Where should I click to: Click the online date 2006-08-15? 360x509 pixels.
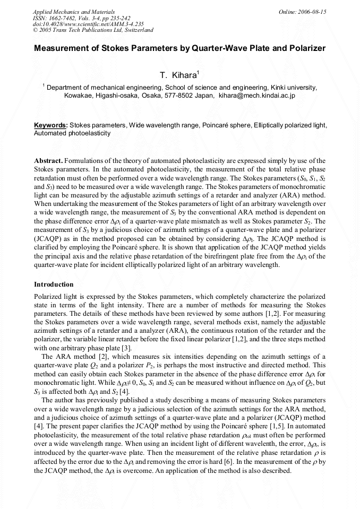[x=310, y=11]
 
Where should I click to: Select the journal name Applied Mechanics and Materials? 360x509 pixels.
[x=66, y=11]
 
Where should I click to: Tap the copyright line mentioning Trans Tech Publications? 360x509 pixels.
[x=93, y=30]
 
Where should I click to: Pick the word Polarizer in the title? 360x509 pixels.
[x=304, y=48]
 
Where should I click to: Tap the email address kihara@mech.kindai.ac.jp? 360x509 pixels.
[x=257, y=96]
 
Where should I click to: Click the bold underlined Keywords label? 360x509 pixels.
[x=51, y=125]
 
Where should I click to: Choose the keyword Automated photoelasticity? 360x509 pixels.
[x=72, y=133]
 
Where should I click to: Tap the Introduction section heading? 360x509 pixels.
[x=54, y=284]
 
